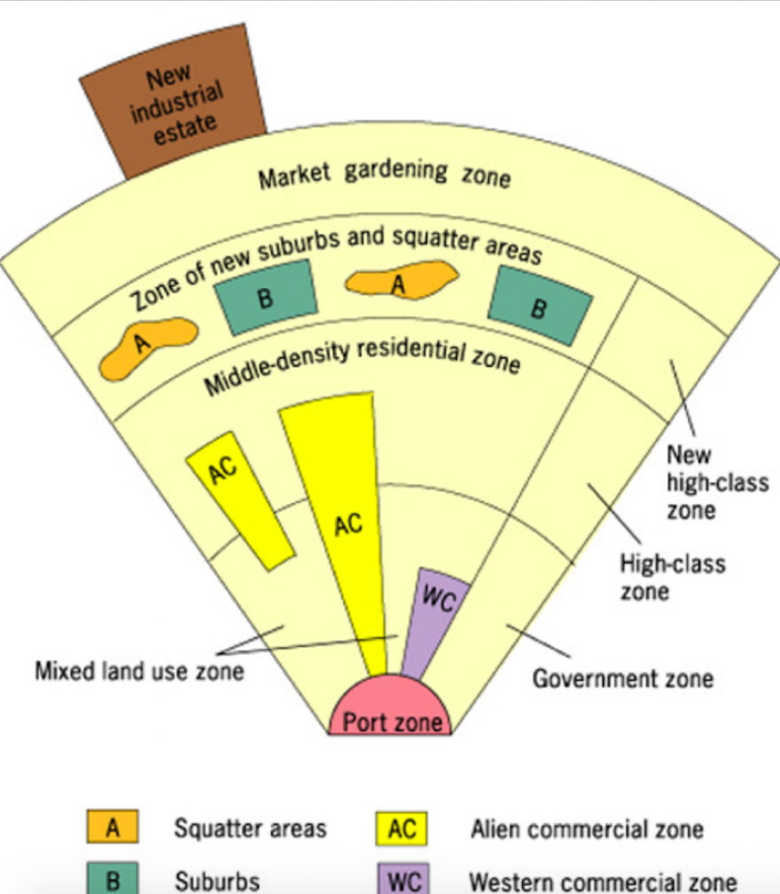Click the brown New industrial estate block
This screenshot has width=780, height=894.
pos(173,103)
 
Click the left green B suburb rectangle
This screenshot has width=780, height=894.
pos(265,298)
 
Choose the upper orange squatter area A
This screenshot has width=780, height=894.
pos(401,282)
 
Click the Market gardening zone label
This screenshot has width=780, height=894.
pos(384,174)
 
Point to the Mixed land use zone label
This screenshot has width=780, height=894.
pos(139,671)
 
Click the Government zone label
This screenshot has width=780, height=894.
pos(622,679)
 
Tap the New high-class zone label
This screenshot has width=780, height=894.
pos(717,483)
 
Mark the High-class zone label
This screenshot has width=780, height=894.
pos(672,577)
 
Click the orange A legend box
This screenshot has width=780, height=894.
pos(113,828)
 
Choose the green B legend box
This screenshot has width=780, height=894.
pos(113,880)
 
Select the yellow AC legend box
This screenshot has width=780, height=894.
pos(402,828)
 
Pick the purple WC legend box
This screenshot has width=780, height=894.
pos(402,880)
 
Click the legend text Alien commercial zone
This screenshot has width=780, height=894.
pos(586,829)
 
